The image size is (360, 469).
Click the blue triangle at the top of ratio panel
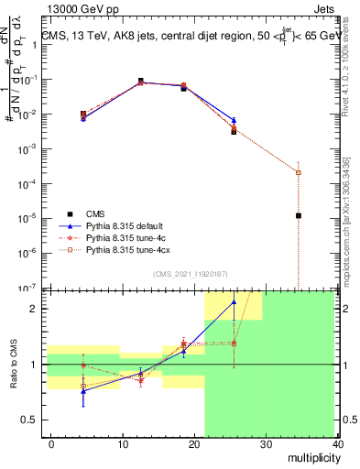(x=234, y=301)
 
